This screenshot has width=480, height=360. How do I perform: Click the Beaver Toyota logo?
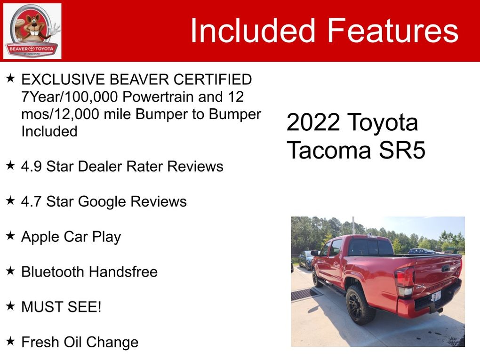point(32,31)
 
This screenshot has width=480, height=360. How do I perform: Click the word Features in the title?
point(393,30)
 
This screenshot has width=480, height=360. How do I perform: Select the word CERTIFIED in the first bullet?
point(213,80)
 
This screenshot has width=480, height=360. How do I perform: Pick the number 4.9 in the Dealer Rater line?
point(31,167)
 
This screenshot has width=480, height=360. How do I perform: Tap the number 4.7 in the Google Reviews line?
point(31,201)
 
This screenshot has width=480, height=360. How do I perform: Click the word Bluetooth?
point(52,272)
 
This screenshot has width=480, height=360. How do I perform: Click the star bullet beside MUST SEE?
point(10,306)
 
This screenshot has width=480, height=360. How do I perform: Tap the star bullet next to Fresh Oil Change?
point(10,341)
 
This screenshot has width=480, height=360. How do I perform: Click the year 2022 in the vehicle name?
point(313,122)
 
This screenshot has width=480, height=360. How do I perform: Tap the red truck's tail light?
point(404,281)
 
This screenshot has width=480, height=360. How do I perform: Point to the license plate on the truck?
point(436,296)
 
